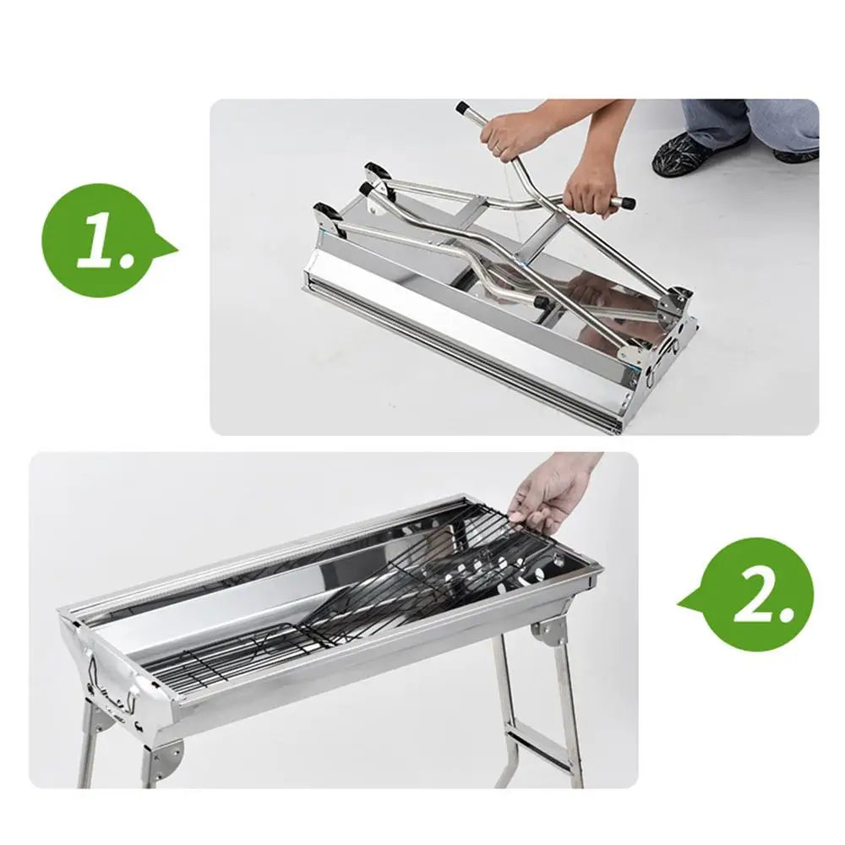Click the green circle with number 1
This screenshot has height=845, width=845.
(x=99, y=240)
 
